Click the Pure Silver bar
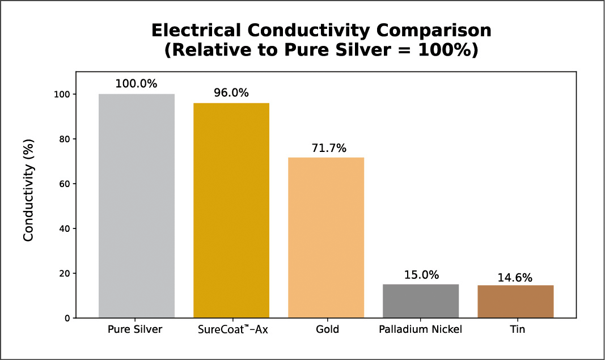click(136, 206)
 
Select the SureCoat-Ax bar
click(231, 210)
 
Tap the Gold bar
click(326, 238)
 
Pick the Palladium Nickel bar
click(421, 301)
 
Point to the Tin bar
click(515, 302)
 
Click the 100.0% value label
click(136, 83)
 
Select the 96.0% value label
click(231, 92)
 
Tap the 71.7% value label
click(326, 147)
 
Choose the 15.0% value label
click(421, 275)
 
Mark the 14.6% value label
click(515, 277)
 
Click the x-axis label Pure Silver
click(136, 329)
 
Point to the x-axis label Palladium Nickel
click(421, 329)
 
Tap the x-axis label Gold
click(326, 329)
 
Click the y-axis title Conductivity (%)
click(29, 189)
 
